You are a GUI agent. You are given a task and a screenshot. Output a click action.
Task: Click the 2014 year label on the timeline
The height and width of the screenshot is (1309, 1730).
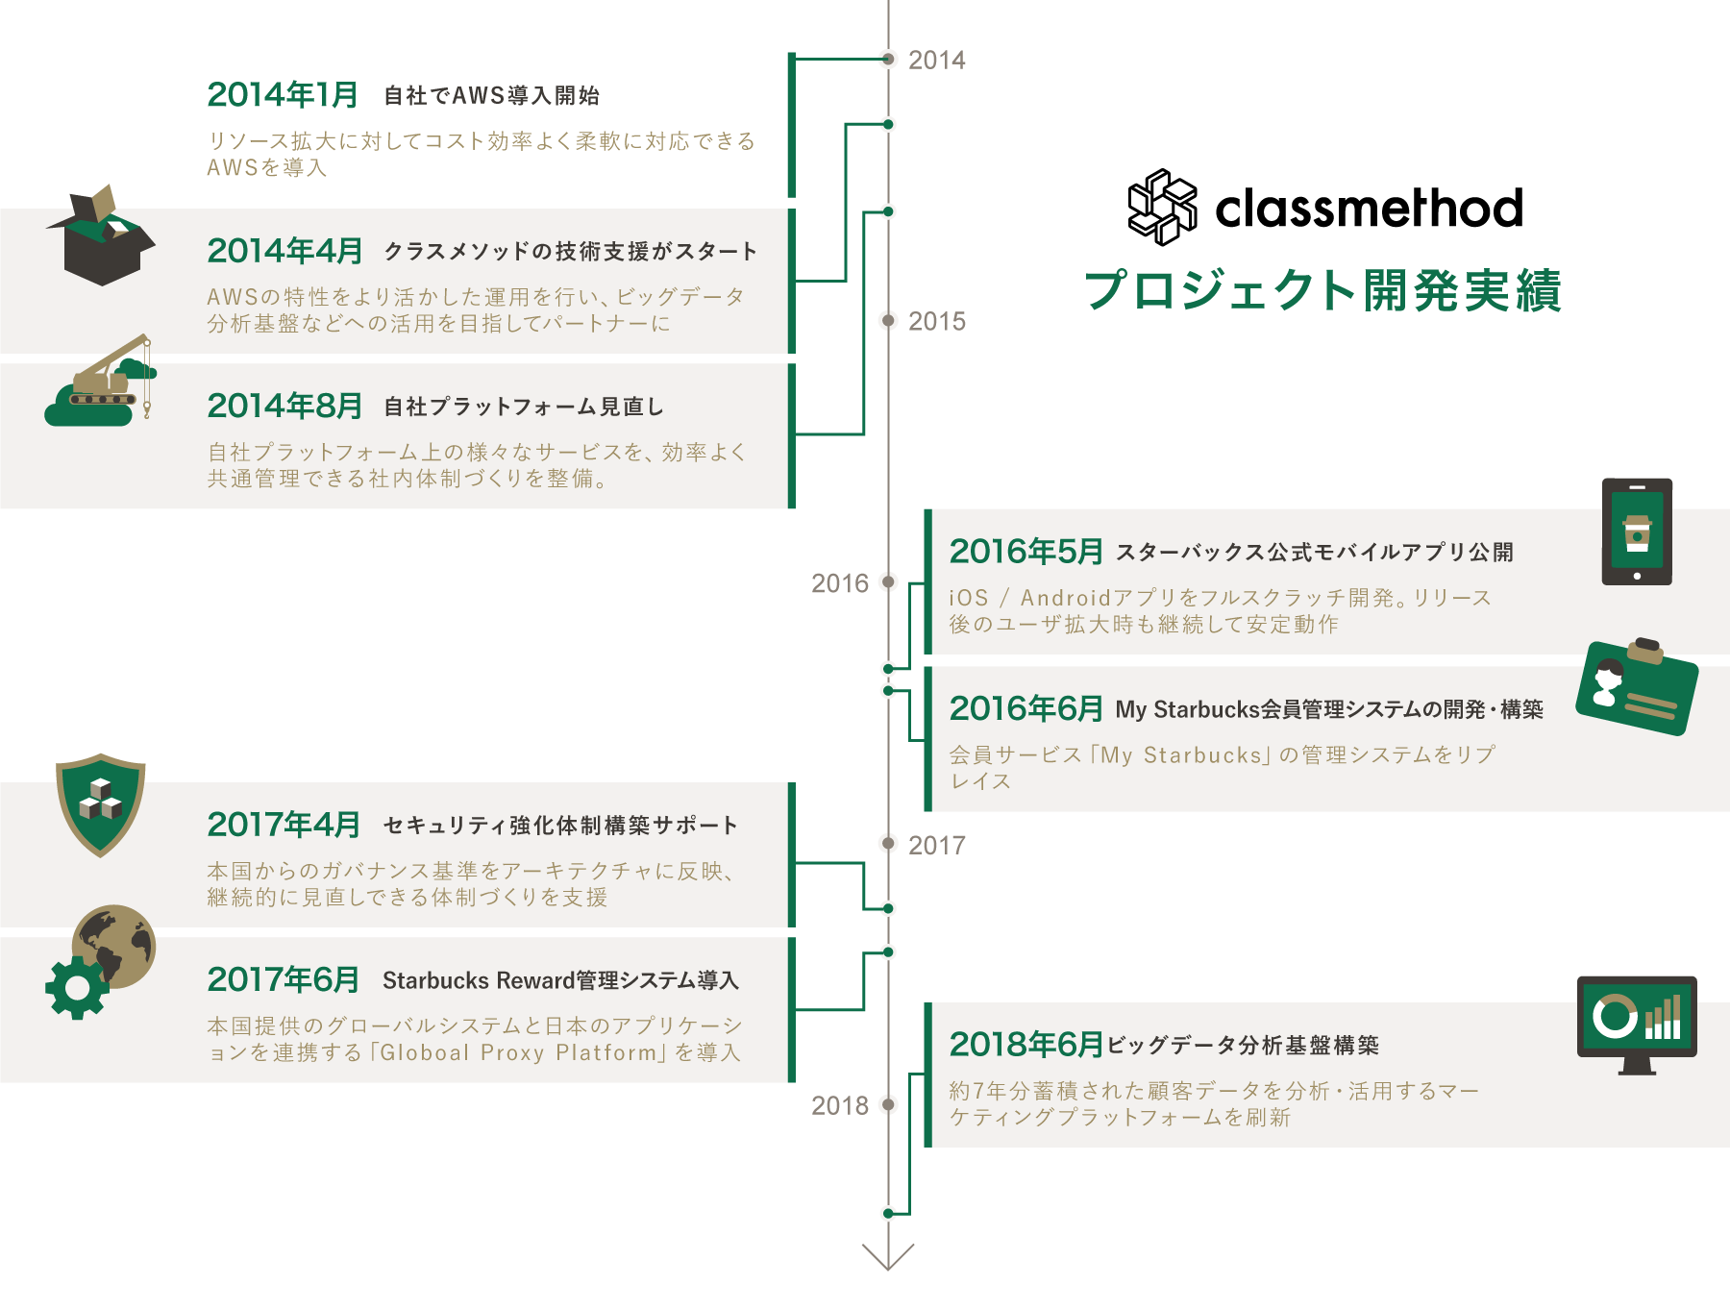coord(936,61)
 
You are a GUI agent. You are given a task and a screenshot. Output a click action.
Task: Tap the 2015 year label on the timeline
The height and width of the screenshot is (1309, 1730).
coord(936,322)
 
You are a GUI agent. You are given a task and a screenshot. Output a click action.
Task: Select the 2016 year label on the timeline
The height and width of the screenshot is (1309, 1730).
coord(839,583)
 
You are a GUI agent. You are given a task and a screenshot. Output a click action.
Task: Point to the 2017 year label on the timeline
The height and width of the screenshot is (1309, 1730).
coord(936,846)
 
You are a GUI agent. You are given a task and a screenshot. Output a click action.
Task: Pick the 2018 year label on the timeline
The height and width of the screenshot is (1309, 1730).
coord(839,1106)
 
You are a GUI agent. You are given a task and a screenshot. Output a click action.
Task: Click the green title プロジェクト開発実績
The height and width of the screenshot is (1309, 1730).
coord(1322,290)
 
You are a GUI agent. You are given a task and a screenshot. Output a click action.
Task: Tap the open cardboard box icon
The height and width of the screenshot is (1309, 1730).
coord(101,235)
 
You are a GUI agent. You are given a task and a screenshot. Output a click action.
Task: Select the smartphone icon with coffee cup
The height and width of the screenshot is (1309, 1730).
coord(1637,531)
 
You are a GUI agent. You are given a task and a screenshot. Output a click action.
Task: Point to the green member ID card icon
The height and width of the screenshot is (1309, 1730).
coord(1636,687)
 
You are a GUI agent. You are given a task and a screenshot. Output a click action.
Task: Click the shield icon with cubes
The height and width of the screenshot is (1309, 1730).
coord(100,803)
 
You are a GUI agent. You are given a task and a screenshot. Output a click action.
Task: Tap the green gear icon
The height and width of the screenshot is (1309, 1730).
coord(77,987)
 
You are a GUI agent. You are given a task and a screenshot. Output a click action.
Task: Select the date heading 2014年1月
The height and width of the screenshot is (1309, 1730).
coord(283,95)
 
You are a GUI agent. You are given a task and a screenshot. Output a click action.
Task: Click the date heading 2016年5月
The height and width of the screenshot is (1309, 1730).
coord(1026,552)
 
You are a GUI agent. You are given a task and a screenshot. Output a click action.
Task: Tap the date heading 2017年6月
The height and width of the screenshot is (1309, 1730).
coord(283,980)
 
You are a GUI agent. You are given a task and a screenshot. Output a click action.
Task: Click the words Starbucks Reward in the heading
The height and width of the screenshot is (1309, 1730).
coord(478,981)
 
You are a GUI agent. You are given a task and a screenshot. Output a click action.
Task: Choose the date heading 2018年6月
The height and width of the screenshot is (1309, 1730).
coord(1026,1045)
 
